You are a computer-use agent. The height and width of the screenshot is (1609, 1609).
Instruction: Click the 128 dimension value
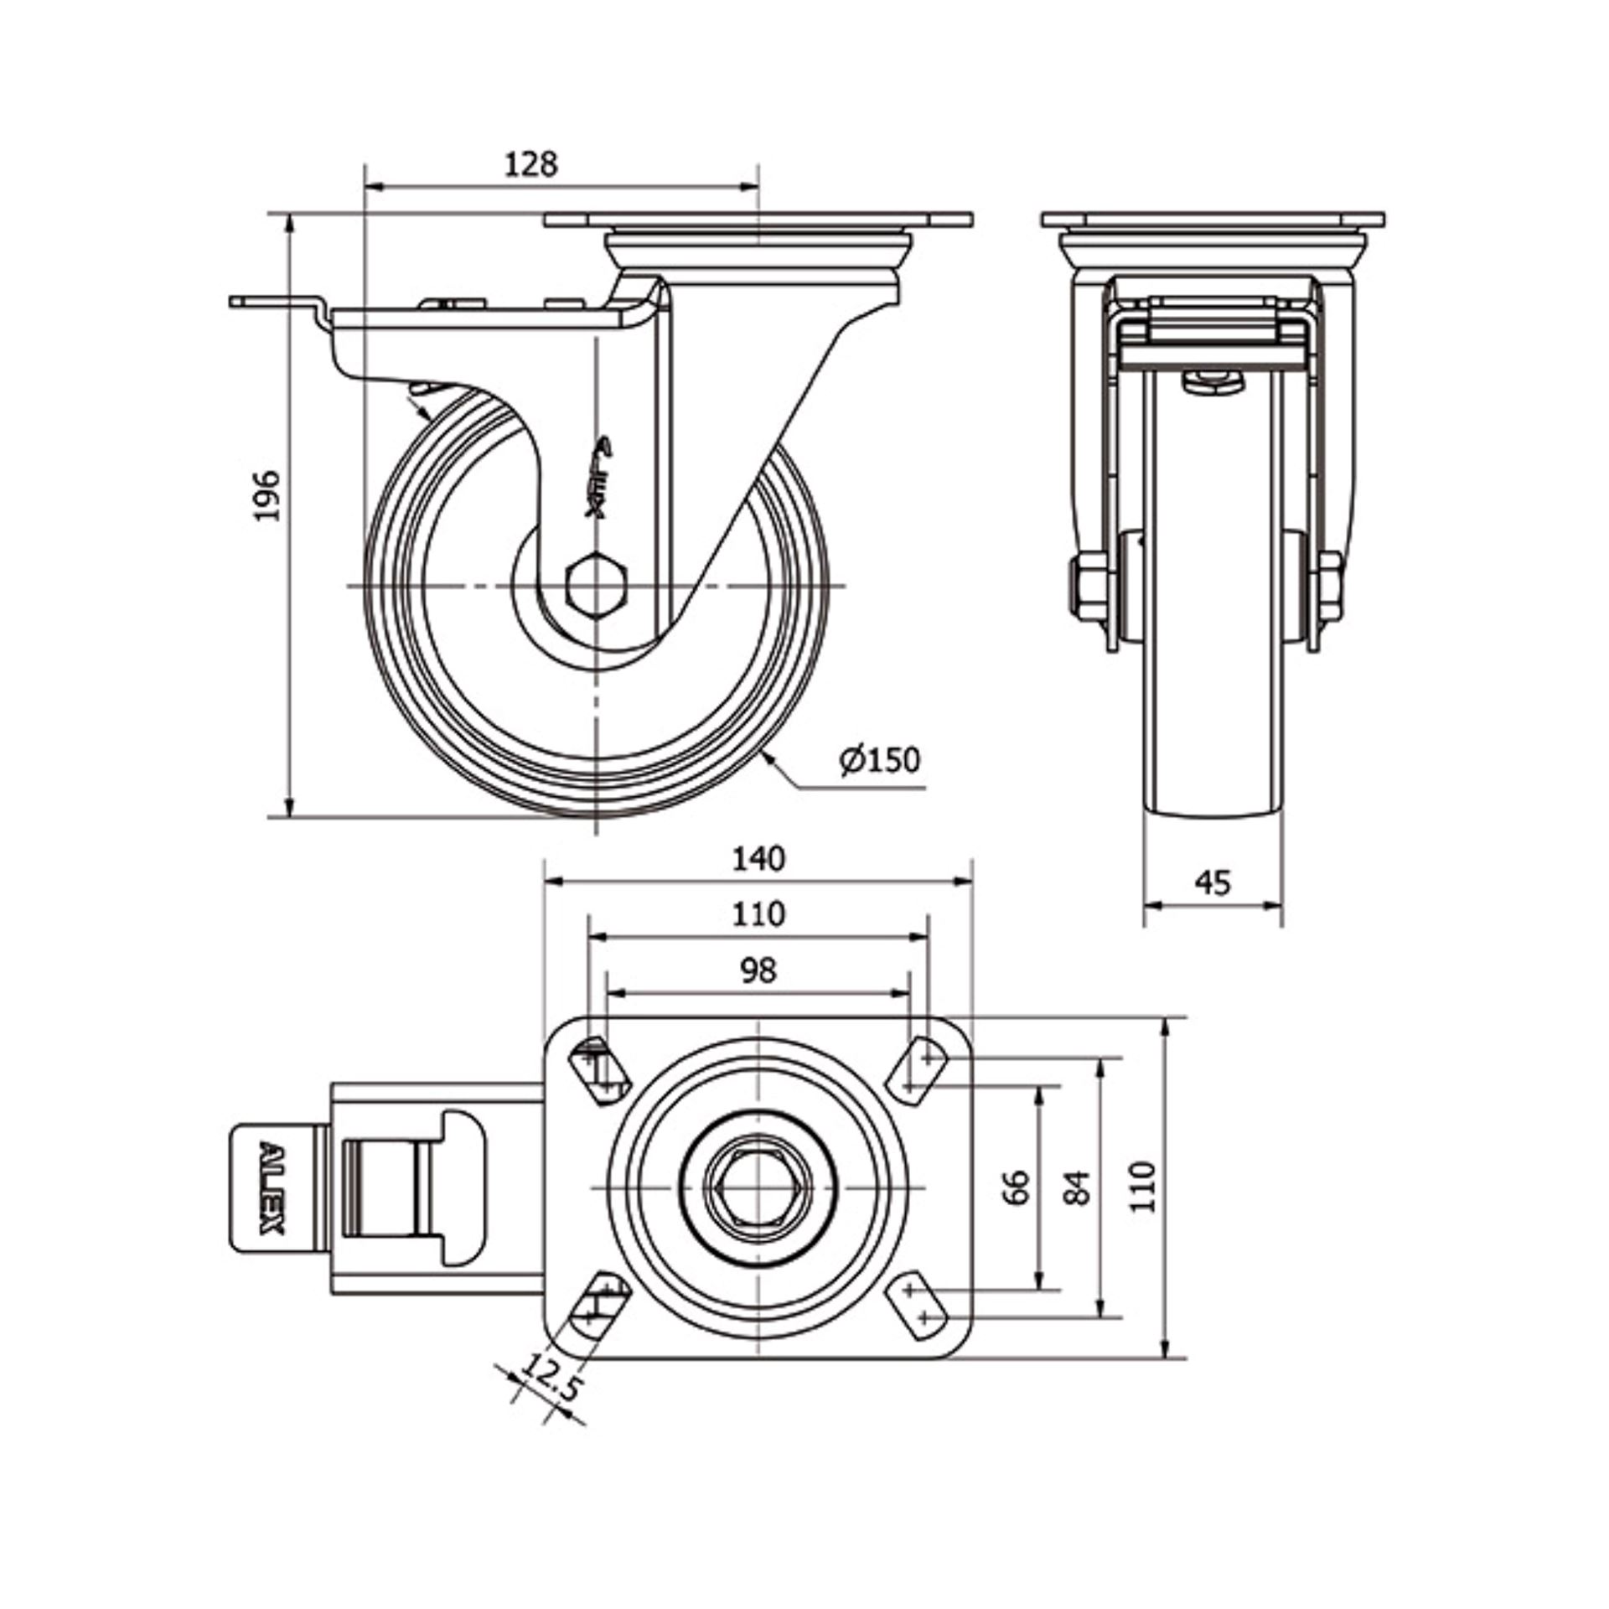coord(530,163)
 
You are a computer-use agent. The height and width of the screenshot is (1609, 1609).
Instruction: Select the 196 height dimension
coord(267,496)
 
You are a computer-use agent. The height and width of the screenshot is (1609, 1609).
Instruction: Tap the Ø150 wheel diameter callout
coord(880,760)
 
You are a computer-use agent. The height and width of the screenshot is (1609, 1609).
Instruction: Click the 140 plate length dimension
coord(758,859)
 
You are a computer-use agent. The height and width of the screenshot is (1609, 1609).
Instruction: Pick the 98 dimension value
coord(758,970)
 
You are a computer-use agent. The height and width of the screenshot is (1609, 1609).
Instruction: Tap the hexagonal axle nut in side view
coord(596,585)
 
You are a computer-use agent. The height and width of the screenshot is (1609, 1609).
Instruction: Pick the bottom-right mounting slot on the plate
coord(916,1308)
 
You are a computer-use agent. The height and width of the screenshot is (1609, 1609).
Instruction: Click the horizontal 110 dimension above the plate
coord(758,913)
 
